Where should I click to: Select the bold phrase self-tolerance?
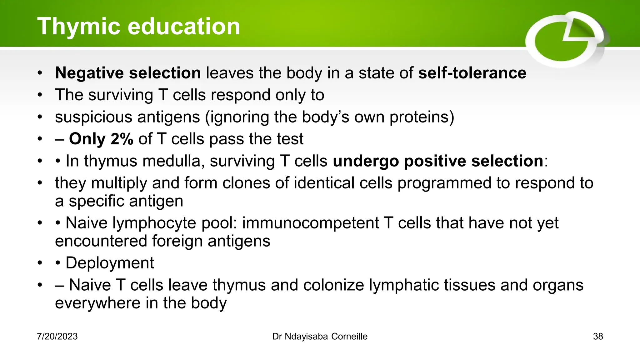[472, 73]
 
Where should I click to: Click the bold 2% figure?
[122, 139]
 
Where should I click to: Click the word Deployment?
[110, 263]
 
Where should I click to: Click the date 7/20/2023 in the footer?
[57, 337]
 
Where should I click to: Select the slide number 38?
[598, 337]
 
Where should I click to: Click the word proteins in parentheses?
[421, 117]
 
